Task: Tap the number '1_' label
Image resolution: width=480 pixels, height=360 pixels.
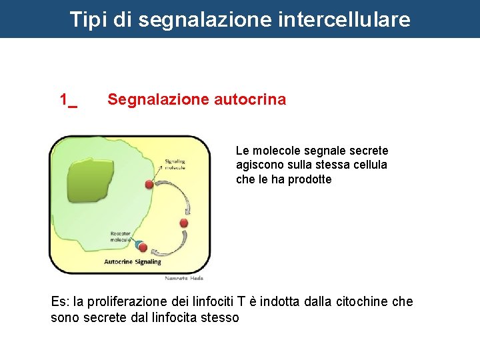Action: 68,100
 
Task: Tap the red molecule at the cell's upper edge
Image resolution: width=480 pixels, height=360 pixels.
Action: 149,184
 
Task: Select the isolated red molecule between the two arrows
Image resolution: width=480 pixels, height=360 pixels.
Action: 184,223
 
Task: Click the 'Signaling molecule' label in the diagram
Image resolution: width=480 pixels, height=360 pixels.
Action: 175,164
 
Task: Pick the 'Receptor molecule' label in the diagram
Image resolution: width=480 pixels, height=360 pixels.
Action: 121,237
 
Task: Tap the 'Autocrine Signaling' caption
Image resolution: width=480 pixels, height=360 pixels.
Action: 133,262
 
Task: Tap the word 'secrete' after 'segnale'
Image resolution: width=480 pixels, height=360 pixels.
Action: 369,151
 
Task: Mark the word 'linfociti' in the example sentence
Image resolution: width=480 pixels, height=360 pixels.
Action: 223,302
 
